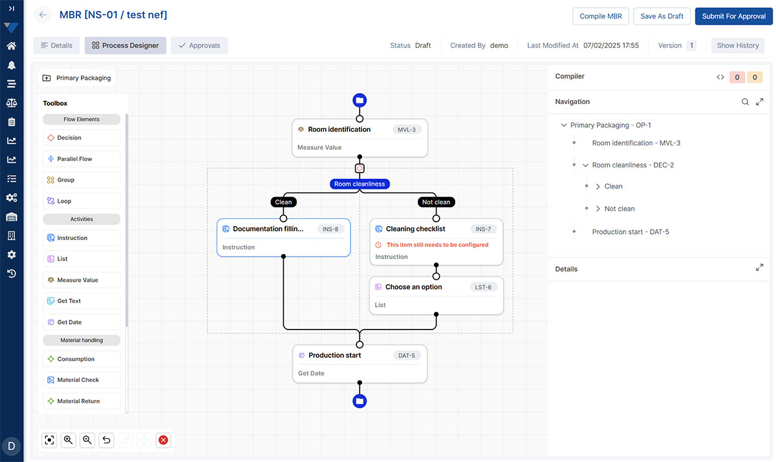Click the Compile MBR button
tap(600, 16)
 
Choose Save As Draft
tap(662, 16)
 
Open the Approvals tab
tap(199, 45)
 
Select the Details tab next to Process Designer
tap(56, 45)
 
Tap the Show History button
tap(738, 45)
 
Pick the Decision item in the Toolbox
tap(81, 138)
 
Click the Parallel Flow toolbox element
tap(81, 159)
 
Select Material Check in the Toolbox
tap(81, 380)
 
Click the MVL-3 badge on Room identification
tap(407, 130)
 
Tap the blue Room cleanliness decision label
tap(360, 184)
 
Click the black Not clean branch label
tap(436, 202)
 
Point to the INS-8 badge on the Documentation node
tap(330, 229)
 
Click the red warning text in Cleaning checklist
tap(438, 245)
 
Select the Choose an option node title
tap(414, 287)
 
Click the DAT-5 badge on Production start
tap(407, 355)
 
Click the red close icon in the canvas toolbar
tap(163, 440)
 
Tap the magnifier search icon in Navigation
tap(745, 101)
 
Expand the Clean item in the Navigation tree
tap(598, 187)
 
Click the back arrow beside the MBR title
tap(43, 15)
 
